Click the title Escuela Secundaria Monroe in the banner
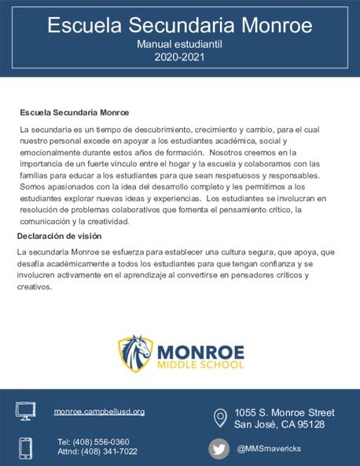pyautogui.click(x=179, y=25)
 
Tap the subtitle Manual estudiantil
pyautogui.click(x=179, y=46)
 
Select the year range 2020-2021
pyautogui.click(x=179, y=57)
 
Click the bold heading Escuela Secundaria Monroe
pyautogui.click(x=75, y=113)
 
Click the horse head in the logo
pyautogui.click(x=136, y=354)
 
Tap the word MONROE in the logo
pyautogui.click(x=200, y=350)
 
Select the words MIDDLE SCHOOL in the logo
pyautogui.click(x=200, y=365)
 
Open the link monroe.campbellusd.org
pyautogui.click(x=99, y=411)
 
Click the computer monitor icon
pyautogui.click(x=26, y=411)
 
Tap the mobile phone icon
pyautogui.click(x=26, y=447)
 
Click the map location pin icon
pyautogui.click(x=221, y=417)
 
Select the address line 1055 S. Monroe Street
pyautogui.click(x=285, y=413)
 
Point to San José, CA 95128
pyautogui.click(x=279, y=424)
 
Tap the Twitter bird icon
pyautogui.click(x=219, y=448)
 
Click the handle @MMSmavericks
pyautogui.click(x=269, y=448)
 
